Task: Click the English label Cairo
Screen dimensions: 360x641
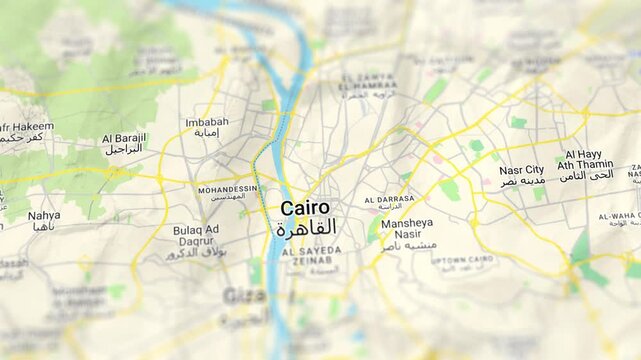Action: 304,208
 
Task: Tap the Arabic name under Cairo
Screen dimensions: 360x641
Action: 306,229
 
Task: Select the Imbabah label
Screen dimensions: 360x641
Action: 207,123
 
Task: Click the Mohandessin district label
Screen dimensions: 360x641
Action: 227,189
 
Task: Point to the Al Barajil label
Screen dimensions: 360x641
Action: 124,137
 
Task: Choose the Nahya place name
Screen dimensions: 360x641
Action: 44,215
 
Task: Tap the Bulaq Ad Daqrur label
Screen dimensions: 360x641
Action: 196,236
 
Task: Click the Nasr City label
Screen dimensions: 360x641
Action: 521,170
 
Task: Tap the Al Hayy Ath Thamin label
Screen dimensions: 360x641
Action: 585,159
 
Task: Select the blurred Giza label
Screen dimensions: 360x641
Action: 243,295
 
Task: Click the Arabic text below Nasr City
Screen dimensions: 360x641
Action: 523,182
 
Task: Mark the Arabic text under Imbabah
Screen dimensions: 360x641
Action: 207,133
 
